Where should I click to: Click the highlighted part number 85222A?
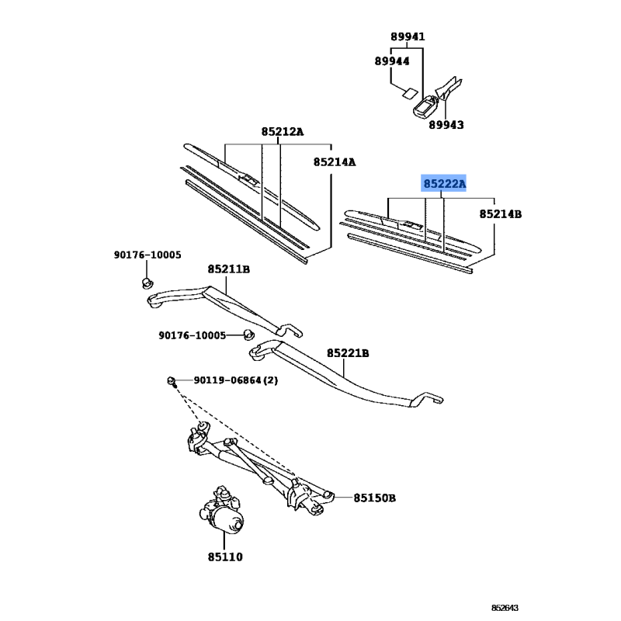[x=443, y=183]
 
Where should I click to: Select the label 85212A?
[x=282, y=131]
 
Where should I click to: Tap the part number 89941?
[x=408, y=36]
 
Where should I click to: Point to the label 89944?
[x=392, y=61]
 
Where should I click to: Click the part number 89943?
[x=446, y=125]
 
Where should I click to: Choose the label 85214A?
[x=335, y=162]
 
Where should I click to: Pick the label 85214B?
[x=500, y=214]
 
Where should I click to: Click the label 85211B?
[x=228, y=269]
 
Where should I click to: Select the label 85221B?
[x=348, y=353]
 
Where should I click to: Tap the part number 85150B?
[x=374, y=498]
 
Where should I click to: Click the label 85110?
[x=225, y=557]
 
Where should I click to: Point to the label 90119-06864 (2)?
[x=236, y=380]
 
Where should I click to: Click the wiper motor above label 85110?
[x=222, y=511]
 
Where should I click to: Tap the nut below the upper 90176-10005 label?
[x=147, y=283]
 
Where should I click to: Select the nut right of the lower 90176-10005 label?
[x=248, y=335]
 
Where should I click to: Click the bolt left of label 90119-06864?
[x=172, y=381]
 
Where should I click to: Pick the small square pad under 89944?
[x=410, y=93]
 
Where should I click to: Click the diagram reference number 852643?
[x=505, y=608]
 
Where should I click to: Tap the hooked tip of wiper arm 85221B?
[x=435, y=398]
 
